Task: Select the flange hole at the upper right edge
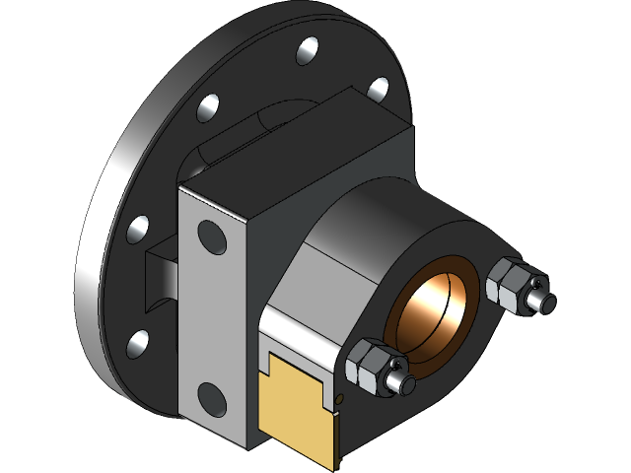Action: tap(379, 89)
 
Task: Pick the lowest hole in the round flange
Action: tap(139, 343)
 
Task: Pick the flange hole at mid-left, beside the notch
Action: tap(138, 229)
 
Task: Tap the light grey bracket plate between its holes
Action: tap(209, 315)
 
